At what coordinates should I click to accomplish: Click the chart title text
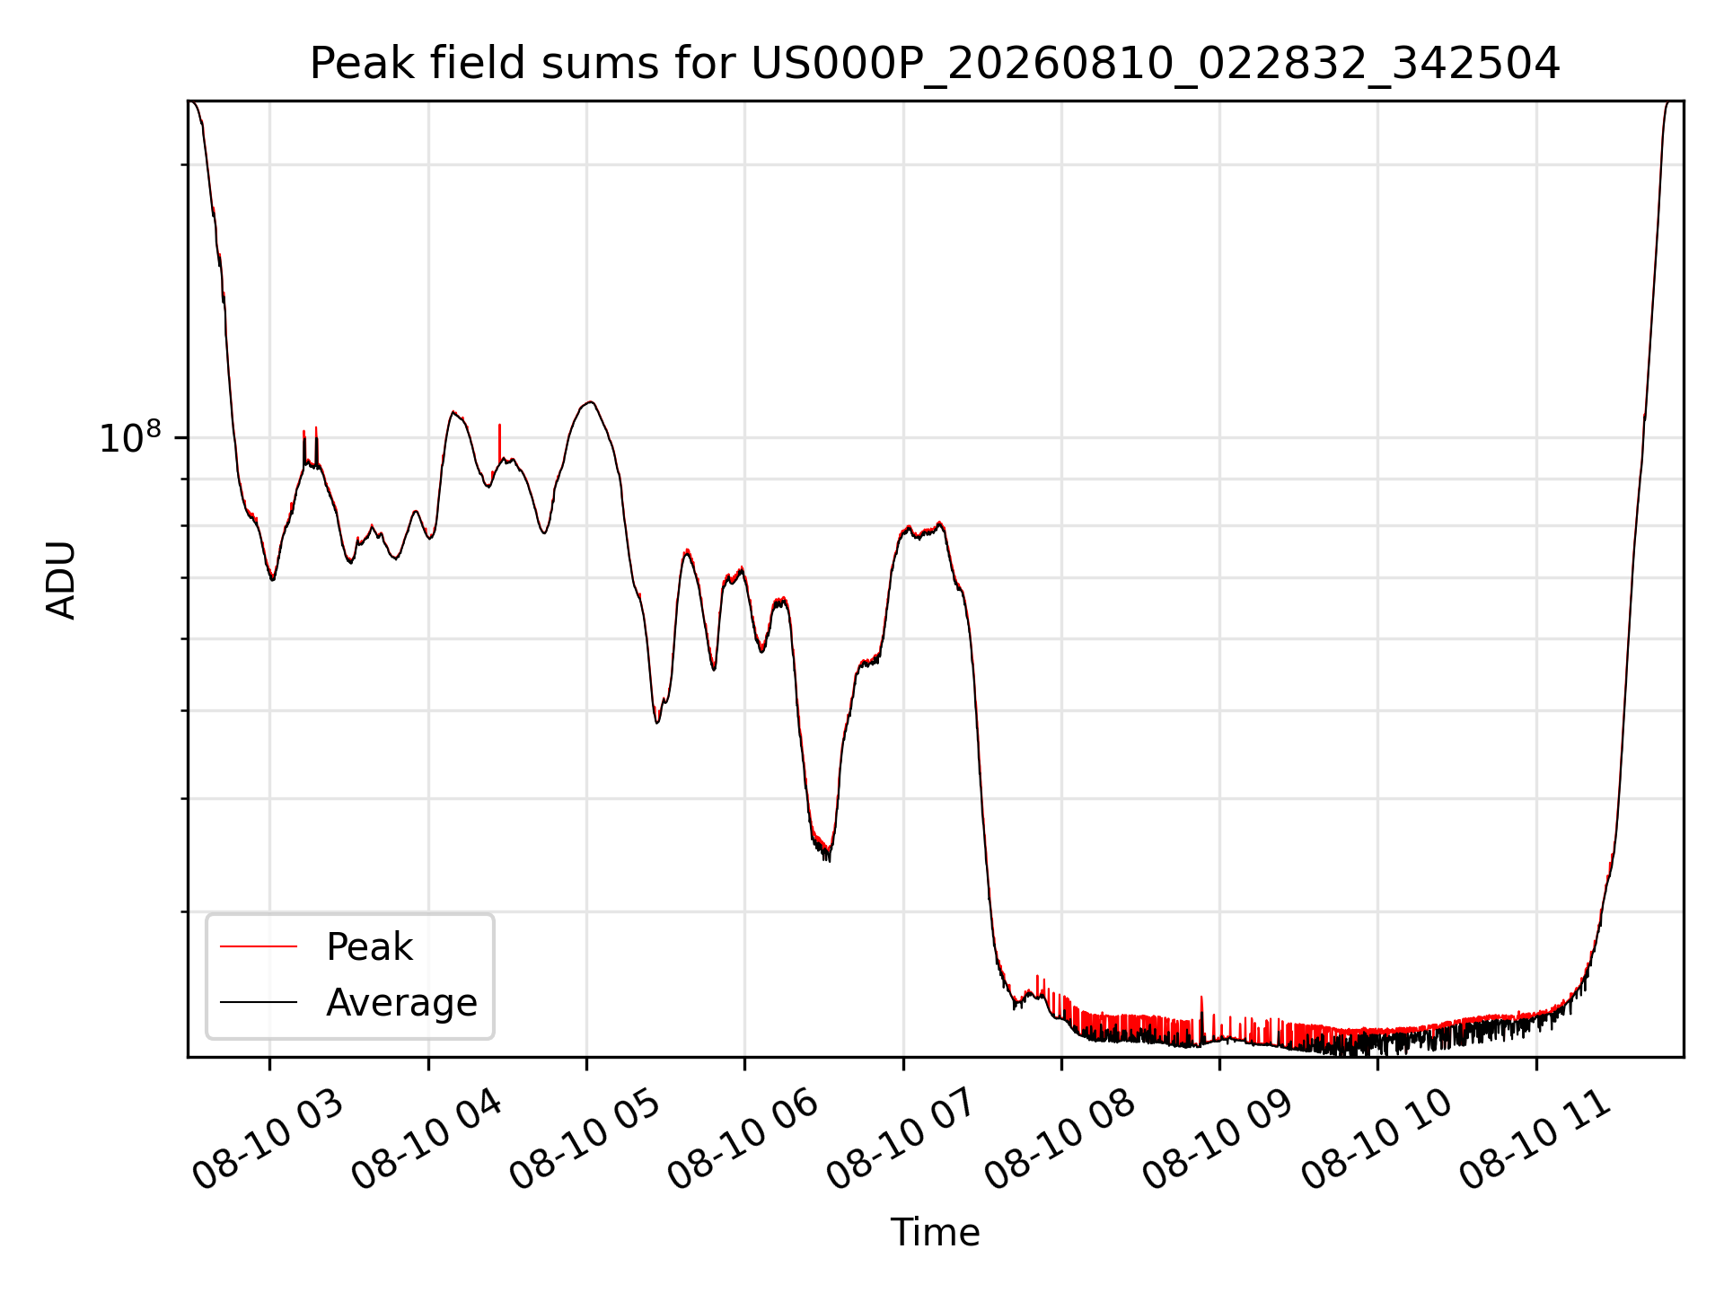coord(935,64)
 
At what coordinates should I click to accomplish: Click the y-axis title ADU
coord(61,579)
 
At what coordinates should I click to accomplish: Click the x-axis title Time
coord(935,1233)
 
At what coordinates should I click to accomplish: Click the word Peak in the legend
coord(369,947)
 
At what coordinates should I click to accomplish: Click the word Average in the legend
coord(401,1002)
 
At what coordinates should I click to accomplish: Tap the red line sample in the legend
coord(259,946)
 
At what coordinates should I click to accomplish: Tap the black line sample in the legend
coord(259,1002)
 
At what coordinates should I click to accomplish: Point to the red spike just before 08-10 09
coord(1201,1010)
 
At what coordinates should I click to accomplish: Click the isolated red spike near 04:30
coord(499,440)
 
